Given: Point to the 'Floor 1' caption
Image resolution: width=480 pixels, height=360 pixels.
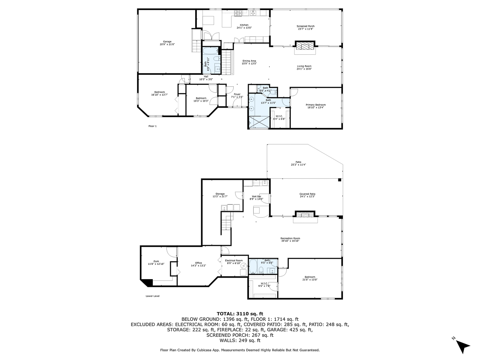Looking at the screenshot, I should [x=152, y=126].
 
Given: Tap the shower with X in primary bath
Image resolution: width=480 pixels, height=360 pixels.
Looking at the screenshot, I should [x=258, y=121].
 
